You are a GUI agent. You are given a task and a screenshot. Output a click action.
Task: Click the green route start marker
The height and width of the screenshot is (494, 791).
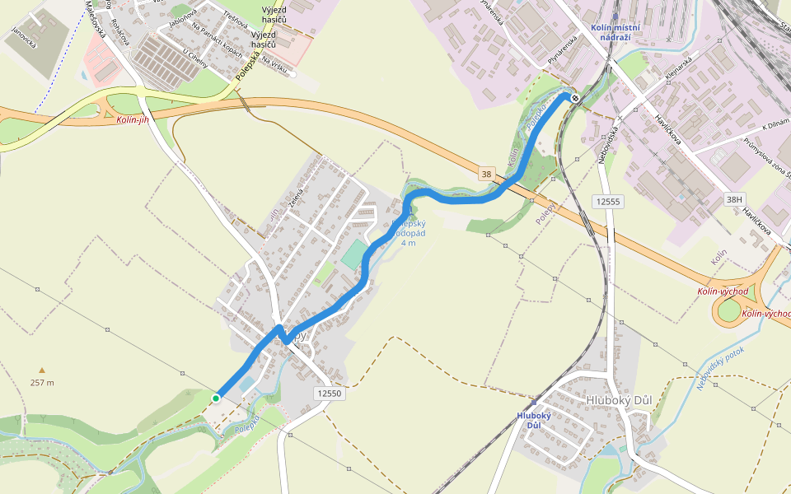point(216,398)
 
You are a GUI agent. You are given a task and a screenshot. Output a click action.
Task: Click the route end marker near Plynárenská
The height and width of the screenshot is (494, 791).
point(575,99)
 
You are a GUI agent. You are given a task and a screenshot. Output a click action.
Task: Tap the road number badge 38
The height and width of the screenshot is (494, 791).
point(487,174)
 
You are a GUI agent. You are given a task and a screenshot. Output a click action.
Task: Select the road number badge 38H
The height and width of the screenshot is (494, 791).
point(734,198)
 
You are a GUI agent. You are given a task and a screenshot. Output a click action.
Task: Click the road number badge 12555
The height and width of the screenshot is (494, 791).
point(606,201)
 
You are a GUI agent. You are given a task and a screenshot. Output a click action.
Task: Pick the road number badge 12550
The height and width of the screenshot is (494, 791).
point(328,394)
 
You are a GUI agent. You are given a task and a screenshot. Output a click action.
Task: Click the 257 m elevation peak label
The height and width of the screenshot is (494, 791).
point(42,382)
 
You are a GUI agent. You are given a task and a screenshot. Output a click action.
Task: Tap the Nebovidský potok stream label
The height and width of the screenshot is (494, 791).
point(720,366)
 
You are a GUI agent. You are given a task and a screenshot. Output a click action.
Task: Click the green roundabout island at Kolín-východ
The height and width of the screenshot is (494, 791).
point(729,311)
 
